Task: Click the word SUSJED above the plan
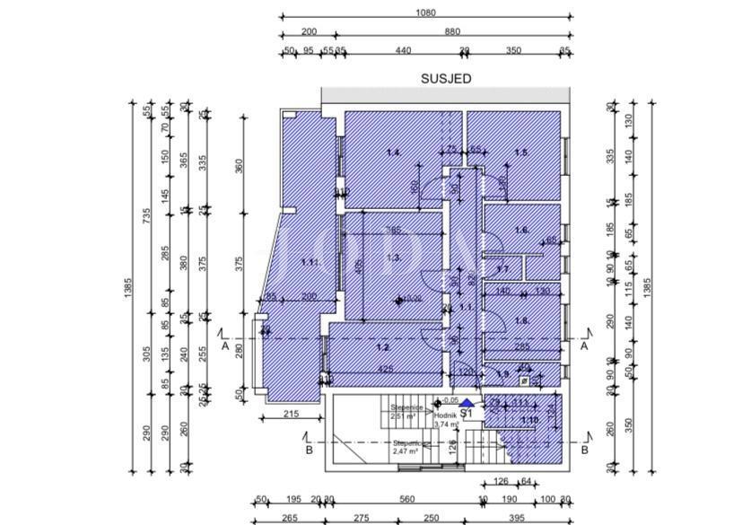pyautogui.click(x=446, y=79)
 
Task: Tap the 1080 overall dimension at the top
pyautogui.click(x=426, y=13)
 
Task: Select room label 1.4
pyautogui.click(x=392, y=153)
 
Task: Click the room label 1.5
pyautogui.click(x=520, y=153)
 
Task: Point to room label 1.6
pyautogui.click(x=521, y=231)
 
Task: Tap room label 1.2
pyautogui.click(x=382, y=347)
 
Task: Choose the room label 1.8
pyautogui.click(x=521, y=320)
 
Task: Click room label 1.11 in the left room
pyautogui.click(x=310, y=262)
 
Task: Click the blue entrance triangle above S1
pyautogui.click(x=466, y=404)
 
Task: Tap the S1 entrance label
pyautogui.click(x=466, y=415)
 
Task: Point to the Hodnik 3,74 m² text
pyautogui.click(x=446, y=420)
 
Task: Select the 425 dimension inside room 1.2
pyautogui.click(x=384, y=369)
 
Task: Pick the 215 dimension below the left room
pyautogui.click(x=290, y=413)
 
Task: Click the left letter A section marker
pyautogui.click(x=224, y=346)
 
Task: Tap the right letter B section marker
pyautogui.click(x=584, y=450)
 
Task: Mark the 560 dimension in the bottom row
pyautogui.click(x=408, y=499)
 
